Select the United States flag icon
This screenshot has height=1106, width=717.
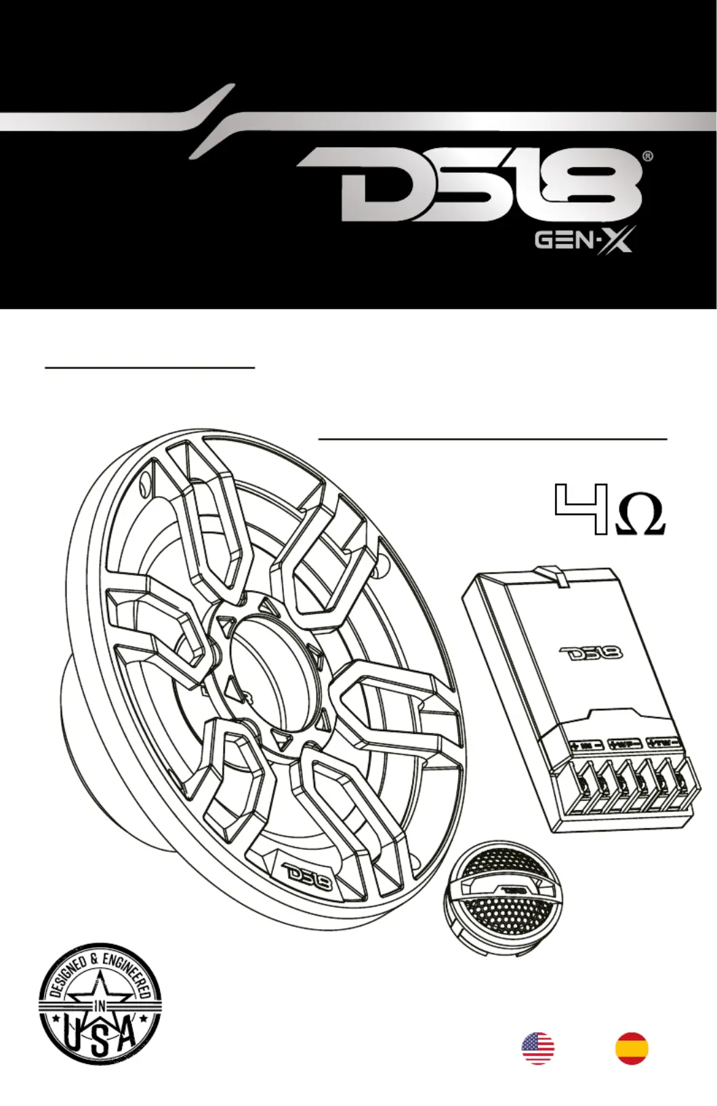(537, 1048)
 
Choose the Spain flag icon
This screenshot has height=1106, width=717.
(632, 1048)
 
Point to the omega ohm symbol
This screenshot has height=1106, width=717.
(638, 518)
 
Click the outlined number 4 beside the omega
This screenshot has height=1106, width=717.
(579, 508)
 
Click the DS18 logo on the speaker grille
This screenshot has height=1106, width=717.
(305, 878)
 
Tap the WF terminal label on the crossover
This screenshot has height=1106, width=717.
(624, 744)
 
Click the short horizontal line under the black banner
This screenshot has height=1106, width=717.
(149, 367)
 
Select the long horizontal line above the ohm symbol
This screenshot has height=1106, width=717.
(493, 439)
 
